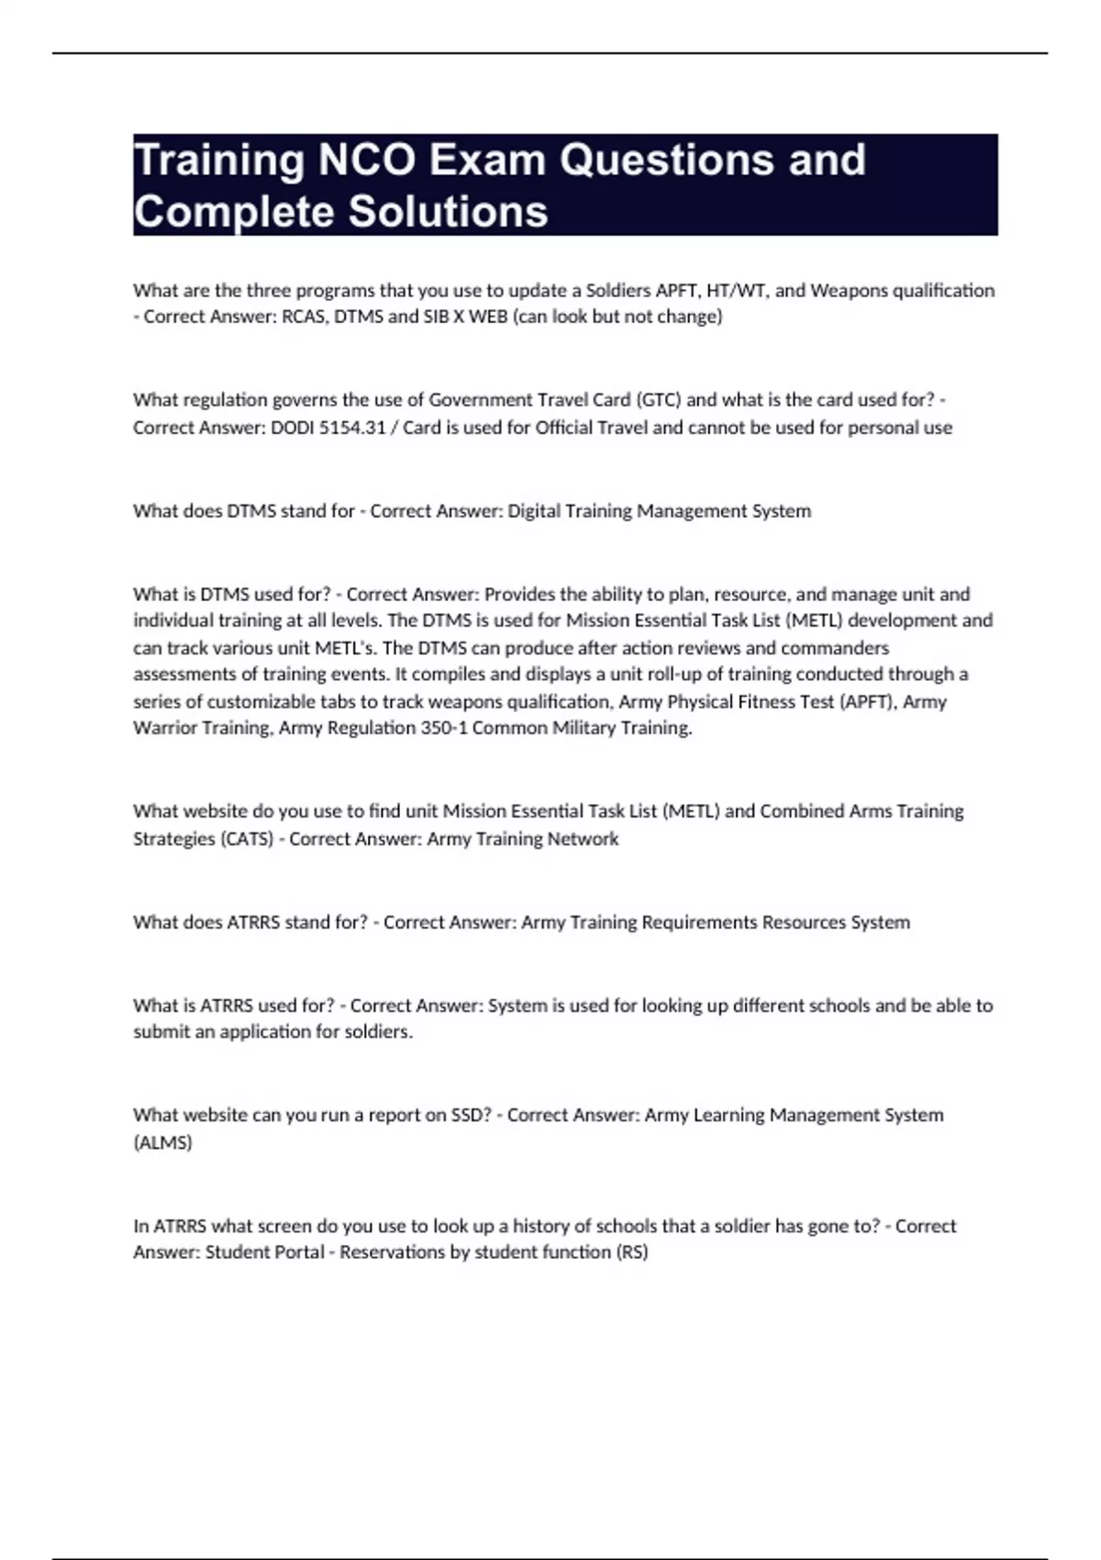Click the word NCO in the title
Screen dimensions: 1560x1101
(365, 161)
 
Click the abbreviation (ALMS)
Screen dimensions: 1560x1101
(162, 1142)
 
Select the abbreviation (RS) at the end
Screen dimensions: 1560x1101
(633, 1252)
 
